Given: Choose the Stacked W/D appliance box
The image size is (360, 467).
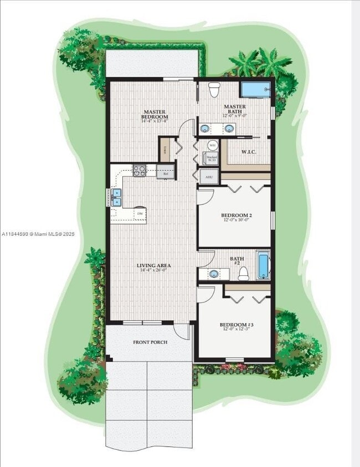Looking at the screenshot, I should click(x=211, y=159).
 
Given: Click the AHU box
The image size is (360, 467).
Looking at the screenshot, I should click(x=209, y=177).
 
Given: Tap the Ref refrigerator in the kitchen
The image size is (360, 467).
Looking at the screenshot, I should click(x=166, y=173).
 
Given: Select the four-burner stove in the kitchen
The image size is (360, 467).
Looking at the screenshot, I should click(x=139, y=171).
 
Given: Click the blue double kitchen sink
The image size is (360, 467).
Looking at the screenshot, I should click(x=117, y=197).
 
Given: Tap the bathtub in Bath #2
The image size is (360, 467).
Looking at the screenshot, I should click(x=263, y=265).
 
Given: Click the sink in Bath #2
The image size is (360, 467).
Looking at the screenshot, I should click(x=214, y=274).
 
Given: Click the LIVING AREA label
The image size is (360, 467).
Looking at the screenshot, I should click(x=154, y=265).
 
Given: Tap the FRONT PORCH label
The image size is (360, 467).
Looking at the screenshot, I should click(x=150, y=342).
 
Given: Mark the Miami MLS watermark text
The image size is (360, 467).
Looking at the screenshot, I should click(x=37, y=234).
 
